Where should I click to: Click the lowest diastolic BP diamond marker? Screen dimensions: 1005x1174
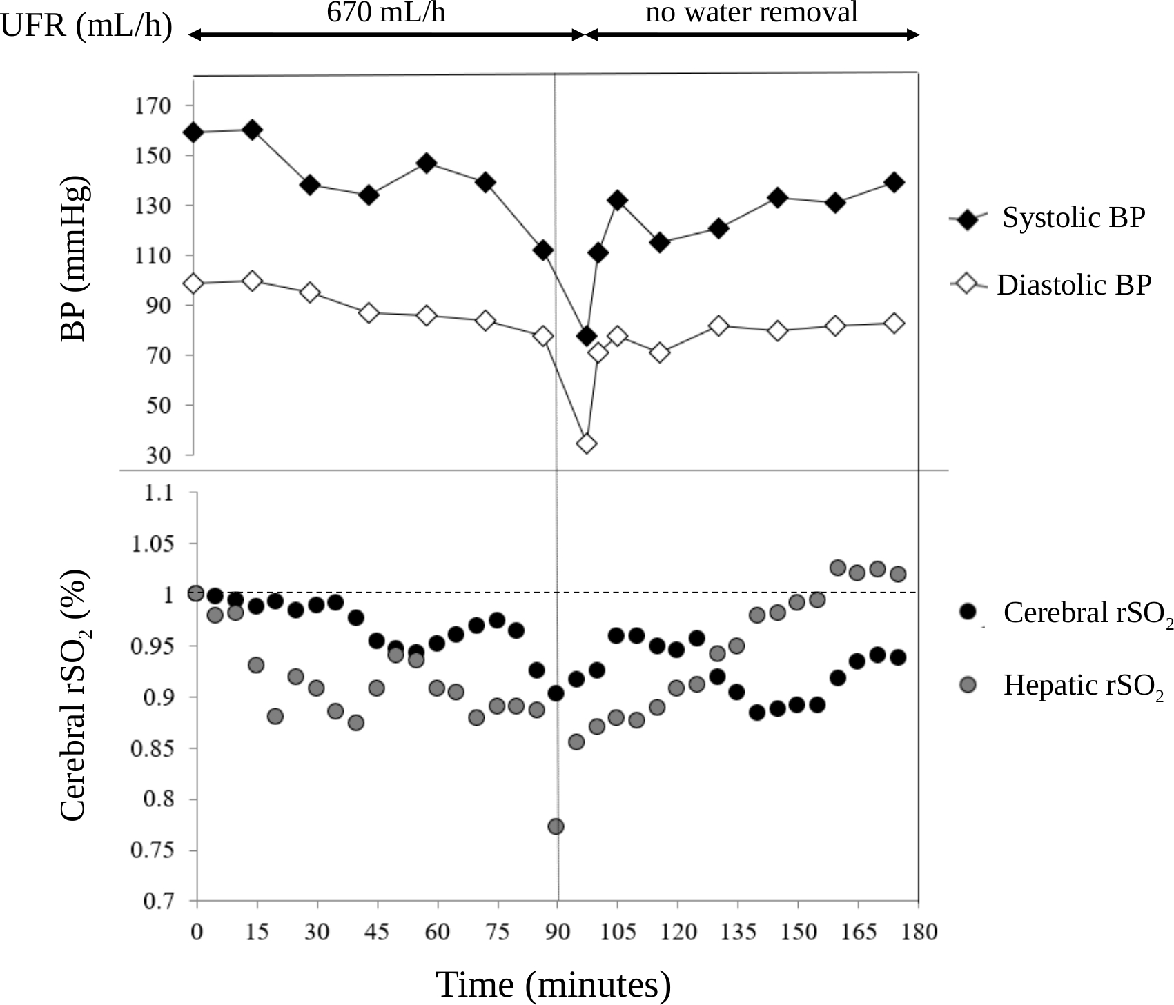pyautogui.click(x=587, y=444)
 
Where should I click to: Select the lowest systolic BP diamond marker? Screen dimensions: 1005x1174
pyautogui.click(x=587, y=337)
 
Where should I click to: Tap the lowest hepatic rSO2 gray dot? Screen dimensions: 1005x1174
pyautogui.click(x=556, y=826)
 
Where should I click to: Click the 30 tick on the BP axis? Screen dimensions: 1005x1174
pyautogui.click(x=158, y=455)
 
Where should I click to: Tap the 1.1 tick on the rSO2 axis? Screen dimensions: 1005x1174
pyautogui.click(x=159, y=493)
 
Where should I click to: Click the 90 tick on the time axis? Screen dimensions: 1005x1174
pyautogui.click(x=558, y=932)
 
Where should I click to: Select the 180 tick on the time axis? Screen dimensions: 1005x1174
pyautogui.click(x=919, y=932)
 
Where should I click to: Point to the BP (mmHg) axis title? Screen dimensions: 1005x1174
pyautogui.click(x=75, y=259)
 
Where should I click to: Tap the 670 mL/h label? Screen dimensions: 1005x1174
pyautogui.click(x=386, y=12)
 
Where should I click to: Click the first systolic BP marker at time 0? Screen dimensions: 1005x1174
pyautogui.click(x=194, y=132)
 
